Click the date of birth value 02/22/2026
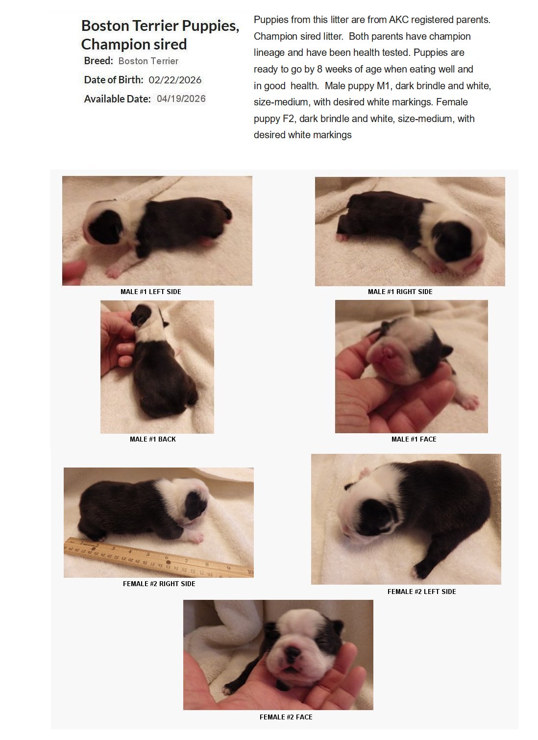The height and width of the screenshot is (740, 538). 175,80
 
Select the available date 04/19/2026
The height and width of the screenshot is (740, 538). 181,99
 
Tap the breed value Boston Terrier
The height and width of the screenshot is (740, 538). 148,61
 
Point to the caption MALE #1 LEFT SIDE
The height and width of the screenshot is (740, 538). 150,292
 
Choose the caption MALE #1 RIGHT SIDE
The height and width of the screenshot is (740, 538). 400,292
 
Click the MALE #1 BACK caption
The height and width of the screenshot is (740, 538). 152,439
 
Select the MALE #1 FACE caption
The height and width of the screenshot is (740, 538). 414,439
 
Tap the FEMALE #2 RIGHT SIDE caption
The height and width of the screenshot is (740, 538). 159,584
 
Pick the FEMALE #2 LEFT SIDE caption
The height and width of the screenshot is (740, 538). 421,592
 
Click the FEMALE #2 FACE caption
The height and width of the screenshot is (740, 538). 286,717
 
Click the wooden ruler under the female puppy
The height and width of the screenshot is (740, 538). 159,558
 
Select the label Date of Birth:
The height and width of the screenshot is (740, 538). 114,80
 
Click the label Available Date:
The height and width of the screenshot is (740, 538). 117,99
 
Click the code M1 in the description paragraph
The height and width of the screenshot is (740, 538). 383,86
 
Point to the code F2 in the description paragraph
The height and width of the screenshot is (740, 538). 289,119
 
